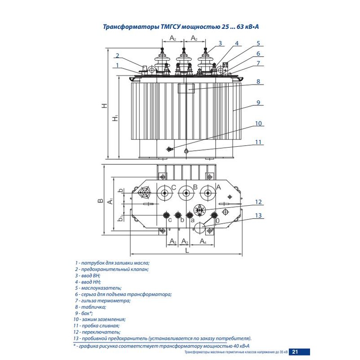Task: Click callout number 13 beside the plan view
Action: click(x=258, y=216)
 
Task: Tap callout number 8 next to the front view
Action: click(x=259, y=82)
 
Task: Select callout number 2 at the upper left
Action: click(x=117, y=56)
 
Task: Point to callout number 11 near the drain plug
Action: click(x=258, y=142)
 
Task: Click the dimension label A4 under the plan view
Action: click(x=202, y=242)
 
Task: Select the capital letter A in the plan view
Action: click(x=218, y=187)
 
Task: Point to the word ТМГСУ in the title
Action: click(x=171, y=27)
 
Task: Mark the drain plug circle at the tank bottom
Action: click(x=186, y=151)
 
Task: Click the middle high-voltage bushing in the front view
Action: click(x=184, y=60)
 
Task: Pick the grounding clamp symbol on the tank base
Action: click(x=170, y=149)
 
